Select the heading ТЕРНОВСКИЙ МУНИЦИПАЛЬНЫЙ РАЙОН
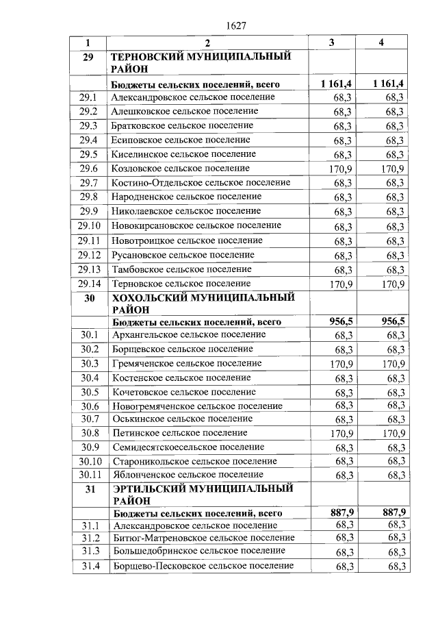click(x=201, y=62)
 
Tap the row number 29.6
click(x=88, y=169)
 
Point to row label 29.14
click(x=89, y=284)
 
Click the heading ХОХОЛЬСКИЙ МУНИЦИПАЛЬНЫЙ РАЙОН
click(x=203, y=303)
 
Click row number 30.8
click(x=90, y=433)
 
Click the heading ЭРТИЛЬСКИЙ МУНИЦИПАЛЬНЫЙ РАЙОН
click(x=203, y=495)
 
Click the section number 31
click(x=89, y=489)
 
